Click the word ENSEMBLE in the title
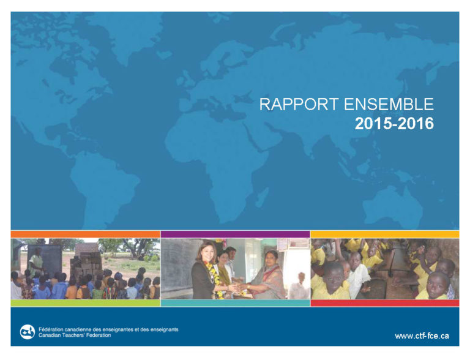click(x=389, y=105)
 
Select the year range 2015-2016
click(x=394, y=123)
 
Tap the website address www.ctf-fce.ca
click(x=422, y=336)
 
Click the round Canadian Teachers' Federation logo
click(x=28, y=332)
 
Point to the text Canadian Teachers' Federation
click(x=75, y=335)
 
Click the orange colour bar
click(x=86, y=234)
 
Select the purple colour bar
click(x=235, y=234)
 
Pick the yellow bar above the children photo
click(x=385, y=234)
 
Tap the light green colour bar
click(x=86, y=303)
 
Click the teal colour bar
click(x=235, y=303)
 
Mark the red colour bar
click(x=385, y=303)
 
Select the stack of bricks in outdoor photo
click(x=86, y=261)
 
